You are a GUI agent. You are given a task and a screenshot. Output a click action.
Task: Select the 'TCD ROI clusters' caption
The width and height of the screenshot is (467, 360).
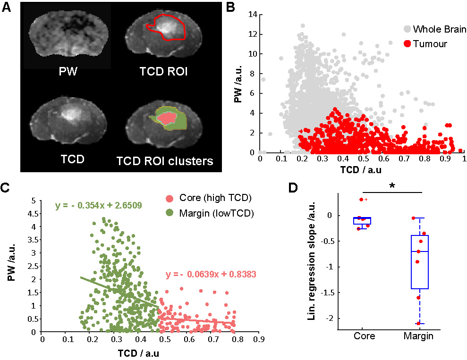tap(165, 161)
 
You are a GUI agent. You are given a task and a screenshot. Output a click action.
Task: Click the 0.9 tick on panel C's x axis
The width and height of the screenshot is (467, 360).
tap(258, 339)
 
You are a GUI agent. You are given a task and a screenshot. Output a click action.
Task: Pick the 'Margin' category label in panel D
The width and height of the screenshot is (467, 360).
tap(418, 337)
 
